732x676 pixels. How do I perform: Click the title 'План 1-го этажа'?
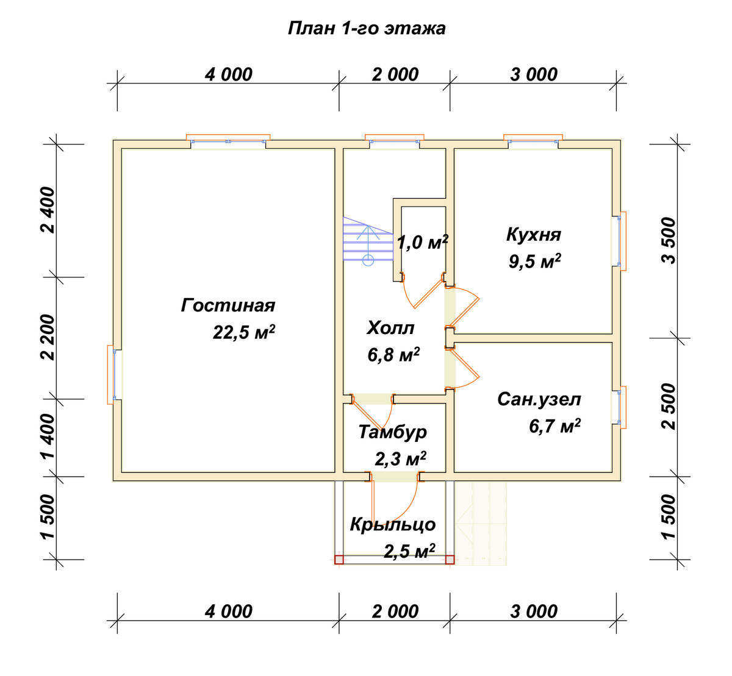[x=367, y=29]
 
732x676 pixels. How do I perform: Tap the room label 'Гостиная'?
[x=228, y=306]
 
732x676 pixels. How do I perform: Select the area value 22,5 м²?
[x=243, y=332]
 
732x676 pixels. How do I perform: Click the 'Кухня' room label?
[x=534, y=235]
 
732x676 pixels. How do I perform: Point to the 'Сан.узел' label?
[x=539, y=400]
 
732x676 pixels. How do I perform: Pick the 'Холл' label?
[x=390, y=328]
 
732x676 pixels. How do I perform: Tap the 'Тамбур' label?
[x=393, y=433]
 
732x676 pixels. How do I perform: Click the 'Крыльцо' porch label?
[x=393, y=525]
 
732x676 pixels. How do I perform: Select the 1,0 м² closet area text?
[x=422, y=243]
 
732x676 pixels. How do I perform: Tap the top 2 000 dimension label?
[x=395, y=75]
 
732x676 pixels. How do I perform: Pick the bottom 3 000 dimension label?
[x=534, y=612]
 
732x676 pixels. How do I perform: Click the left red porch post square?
[x=339, y=560]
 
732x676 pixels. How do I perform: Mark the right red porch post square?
[x=450, y=560]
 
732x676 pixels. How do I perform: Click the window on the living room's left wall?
[x=113, y=375]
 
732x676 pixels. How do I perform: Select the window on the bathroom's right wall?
[x=620, y=407]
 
